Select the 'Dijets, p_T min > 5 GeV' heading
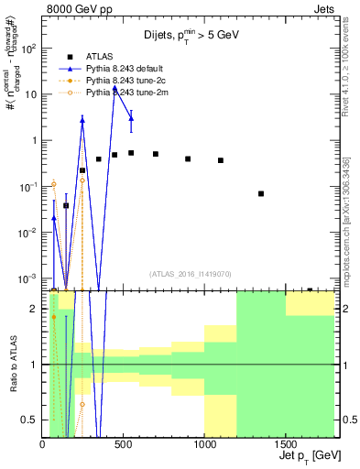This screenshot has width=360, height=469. [191, 37]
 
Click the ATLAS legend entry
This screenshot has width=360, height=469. [101, 58]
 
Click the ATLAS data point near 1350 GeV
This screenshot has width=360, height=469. [262, 193]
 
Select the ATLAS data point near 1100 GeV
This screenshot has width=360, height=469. [221, 160]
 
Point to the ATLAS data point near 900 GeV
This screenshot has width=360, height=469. [188, 158]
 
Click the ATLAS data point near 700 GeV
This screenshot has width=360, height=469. [156, 154]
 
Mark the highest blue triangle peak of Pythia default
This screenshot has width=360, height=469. [115, 89]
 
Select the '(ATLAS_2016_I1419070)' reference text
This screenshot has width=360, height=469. [190, 273]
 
